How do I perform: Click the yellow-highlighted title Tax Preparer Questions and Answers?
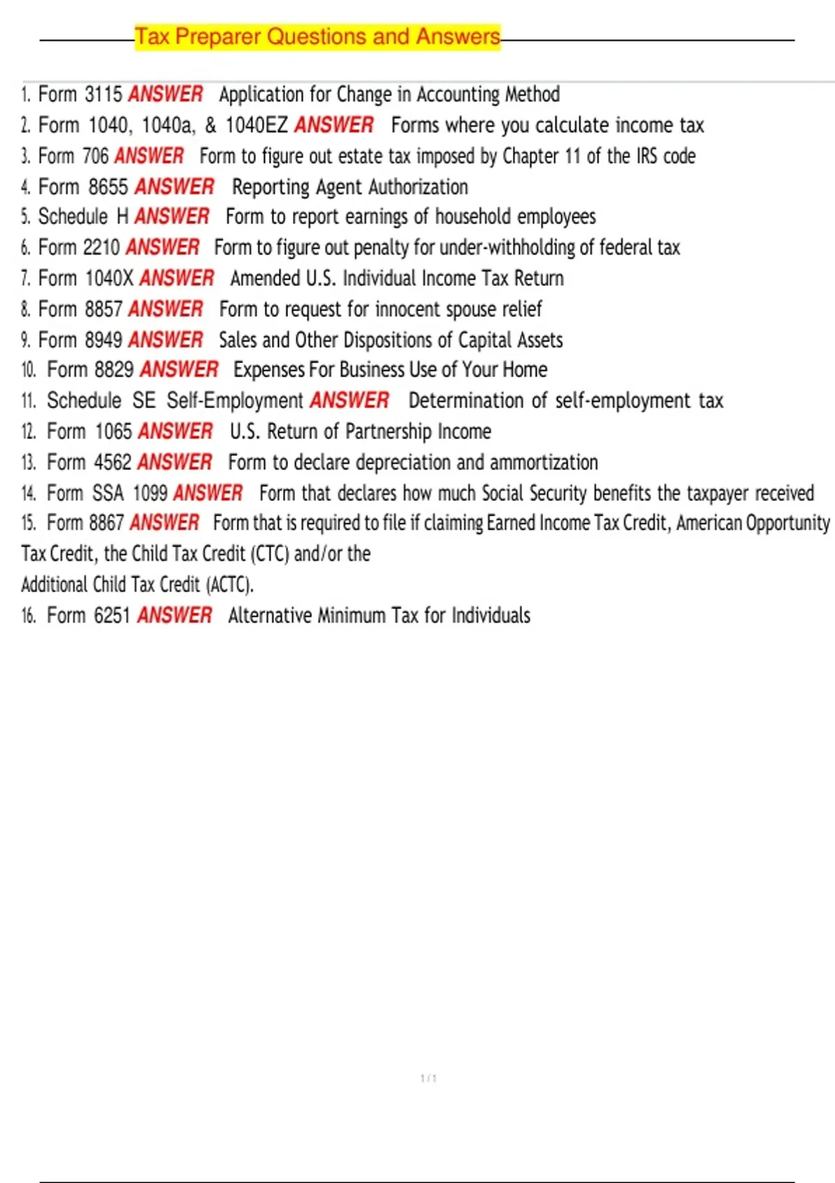coord(317,36)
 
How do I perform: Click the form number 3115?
coord(103,94)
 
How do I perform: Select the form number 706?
coord(95,156)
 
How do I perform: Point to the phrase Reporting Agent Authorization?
coord(350,186)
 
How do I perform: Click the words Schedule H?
coord(83,216)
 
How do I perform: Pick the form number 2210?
coord(102,247)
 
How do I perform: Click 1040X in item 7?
coord(109,278)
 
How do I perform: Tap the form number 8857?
coord(104,309)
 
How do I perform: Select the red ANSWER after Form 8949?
coord(166,340)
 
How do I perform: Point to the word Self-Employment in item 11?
coord(234,401)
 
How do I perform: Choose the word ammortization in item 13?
coord(543,462)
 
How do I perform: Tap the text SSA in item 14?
coord(108,493)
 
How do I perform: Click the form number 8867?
coord(106,523)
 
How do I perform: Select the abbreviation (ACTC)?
coord(230,585)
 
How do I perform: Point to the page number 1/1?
coord(429,1079)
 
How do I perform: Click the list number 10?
coord(29,370)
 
